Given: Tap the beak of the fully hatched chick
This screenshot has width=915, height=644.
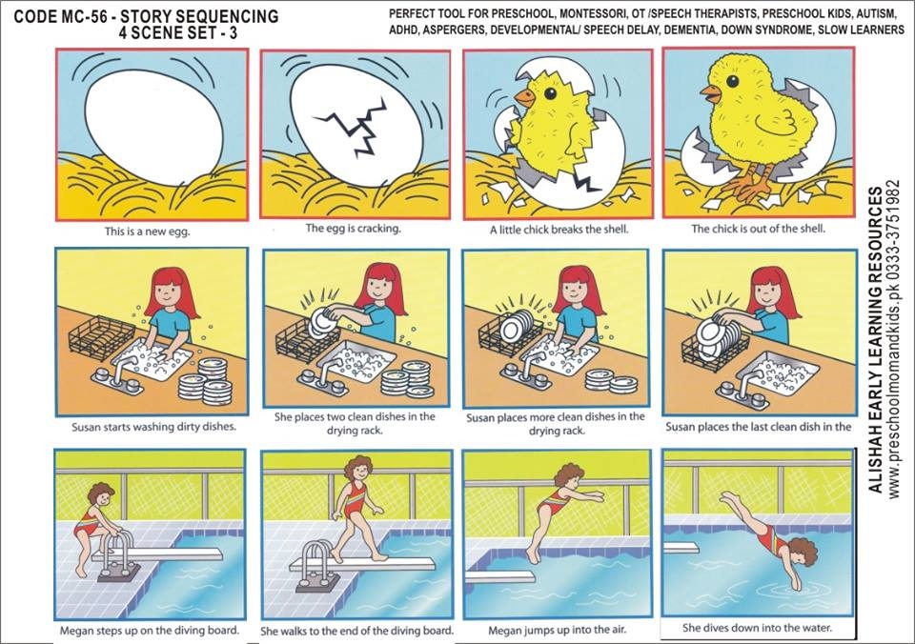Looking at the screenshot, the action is tap(711, 93).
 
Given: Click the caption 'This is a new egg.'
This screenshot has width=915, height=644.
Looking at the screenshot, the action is tap(147, 231).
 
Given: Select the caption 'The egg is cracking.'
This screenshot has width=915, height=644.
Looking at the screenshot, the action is tap(353, 228).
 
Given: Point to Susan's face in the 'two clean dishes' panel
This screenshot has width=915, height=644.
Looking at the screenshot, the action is tap(380, 287).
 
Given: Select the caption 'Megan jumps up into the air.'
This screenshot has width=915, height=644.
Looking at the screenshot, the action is tap(556, 630).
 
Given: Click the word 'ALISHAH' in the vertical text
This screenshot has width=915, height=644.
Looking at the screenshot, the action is tap(875, 463).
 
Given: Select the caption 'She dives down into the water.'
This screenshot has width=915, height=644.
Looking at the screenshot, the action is tap(757, 628).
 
